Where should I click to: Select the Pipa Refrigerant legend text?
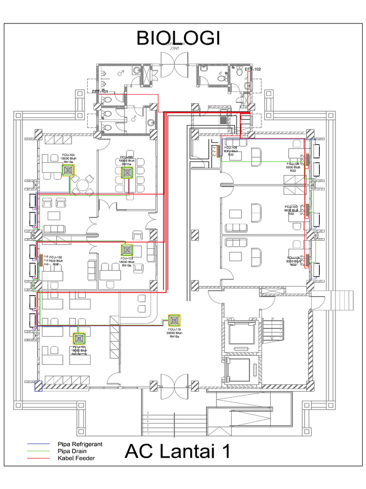click(80, 444)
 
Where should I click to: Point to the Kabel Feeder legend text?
click(76, 458)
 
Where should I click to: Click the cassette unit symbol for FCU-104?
click(68, 171)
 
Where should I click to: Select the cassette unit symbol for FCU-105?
click(126, 173)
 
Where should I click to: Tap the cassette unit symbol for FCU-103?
click(127, 249)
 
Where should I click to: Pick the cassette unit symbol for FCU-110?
click(175, 319)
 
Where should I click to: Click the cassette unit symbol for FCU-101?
click(79, 339)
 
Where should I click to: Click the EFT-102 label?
click(253, 70)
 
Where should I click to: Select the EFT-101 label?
click(100, 91)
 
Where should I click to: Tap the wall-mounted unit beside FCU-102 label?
click(41, 262)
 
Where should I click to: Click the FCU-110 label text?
click(175, 330)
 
